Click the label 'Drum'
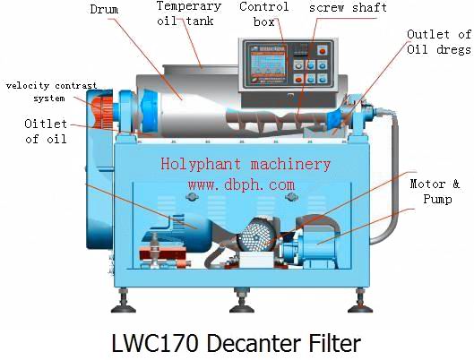point(104,9)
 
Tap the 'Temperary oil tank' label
point(189,13)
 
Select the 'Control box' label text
point(264,14)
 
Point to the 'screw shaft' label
point(348,7)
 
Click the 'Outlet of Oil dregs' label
point(439,42)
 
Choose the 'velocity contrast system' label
point(51,92)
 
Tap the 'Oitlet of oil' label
point(46,131)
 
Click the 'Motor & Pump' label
point(435,191)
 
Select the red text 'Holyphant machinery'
point(246,165)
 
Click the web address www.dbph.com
point(241,184)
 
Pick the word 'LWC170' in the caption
point(156,343)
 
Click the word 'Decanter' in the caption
point(254,343)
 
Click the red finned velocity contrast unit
point(103,111)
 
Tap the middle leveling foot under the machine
point(242,301)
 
